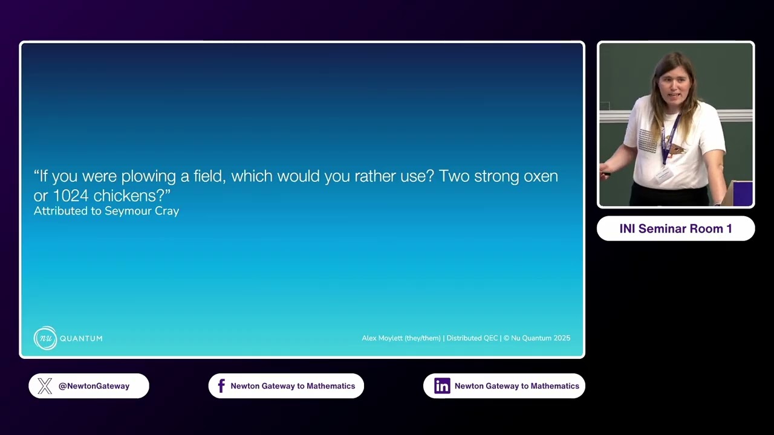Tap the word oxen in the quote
[x=541, y=176]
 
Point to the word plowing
[x=149, y=177]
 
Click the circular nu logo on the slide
[x=45, y=338]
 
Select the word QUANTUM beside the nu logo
[x=81, y=338]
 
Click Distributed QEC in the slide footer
[x=472, y=338]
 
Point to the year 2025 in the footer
[x=562, y=338]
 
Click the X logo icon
[x=45, y=386]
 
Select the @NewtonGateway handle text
[x=94, y=386]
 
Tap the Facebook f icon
[x=221, y=386]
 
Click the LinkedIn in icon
[x=442, y=386]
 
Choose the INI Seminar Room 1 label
[x=676, y=228]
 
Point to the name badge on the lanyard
[x=665, y=175]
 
